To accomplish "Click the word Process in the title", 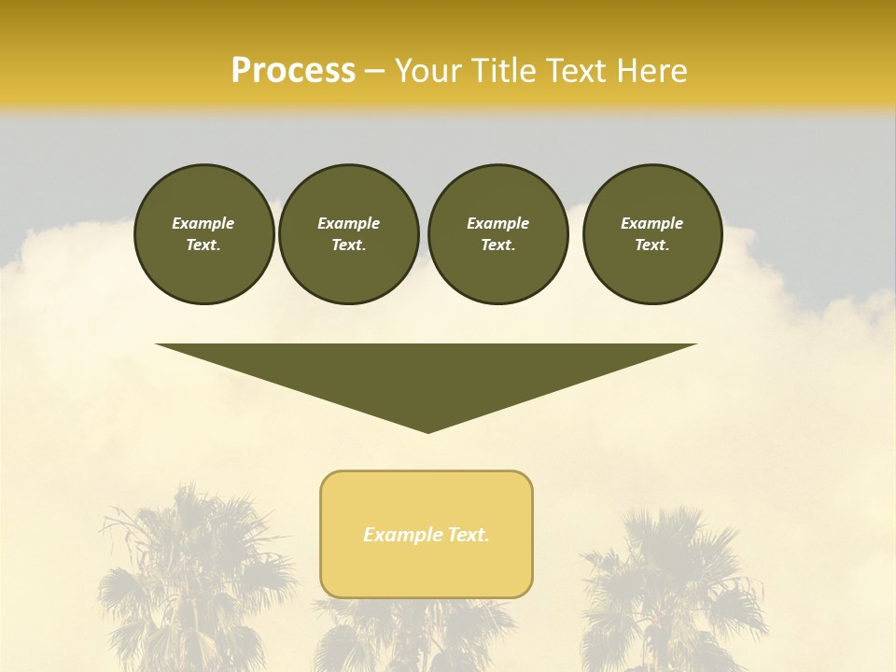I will (x=293, y=71).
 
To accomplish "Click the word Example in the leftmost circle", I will (x=203, y=223).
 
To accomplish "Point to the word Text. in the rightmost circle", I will (x=652, y=245).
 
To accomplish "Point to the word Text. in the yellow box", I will (x=469, y=535).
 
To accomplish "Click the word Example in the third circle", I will (x=497, y=223).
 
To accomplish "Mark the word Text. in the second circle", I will (x=348, y=245).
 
